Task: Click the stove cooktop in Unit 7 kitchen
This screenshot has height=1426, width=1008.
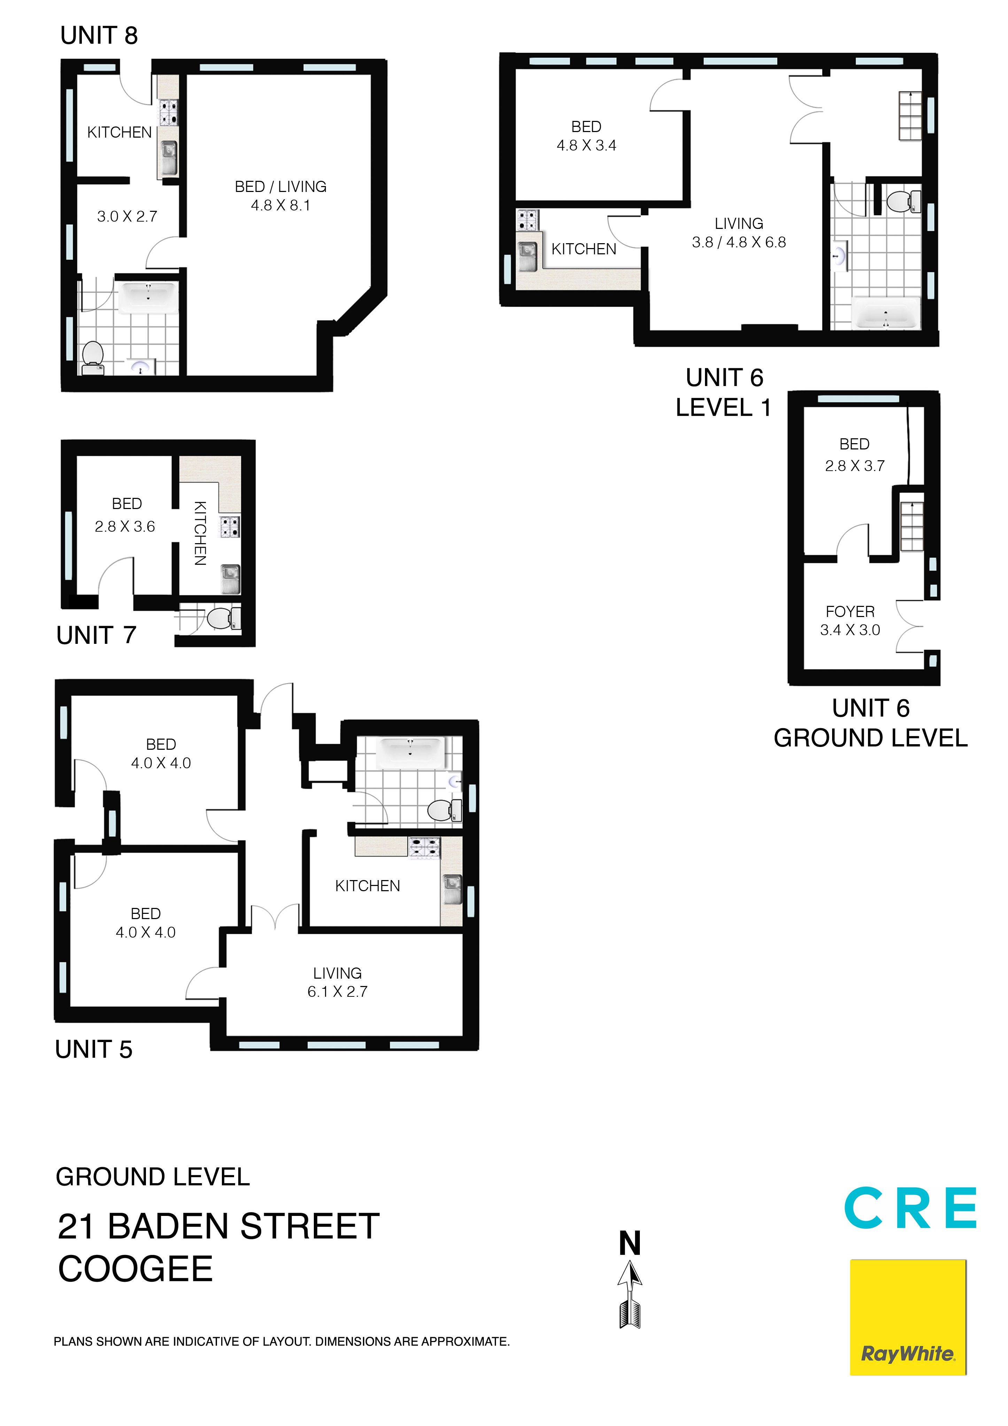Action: click(231, 527)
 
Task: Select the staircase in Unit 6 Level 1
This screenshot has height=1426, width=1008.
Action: click(910, 116)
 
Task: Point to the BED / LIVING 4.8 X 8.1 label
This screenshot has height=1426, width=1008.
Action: click(281, 196)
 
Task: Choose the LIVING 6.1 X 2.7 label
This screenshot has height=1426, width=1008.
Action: click(337, 982)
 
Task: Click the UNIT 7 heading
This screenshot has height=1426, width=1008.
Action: click(96, 635)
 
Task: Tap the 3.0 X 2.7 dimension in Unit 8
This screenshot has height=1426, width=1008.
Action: click(127, 216)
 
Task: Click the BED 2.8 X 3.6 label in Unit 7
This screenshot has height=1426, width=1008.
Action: click(125, 515)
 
